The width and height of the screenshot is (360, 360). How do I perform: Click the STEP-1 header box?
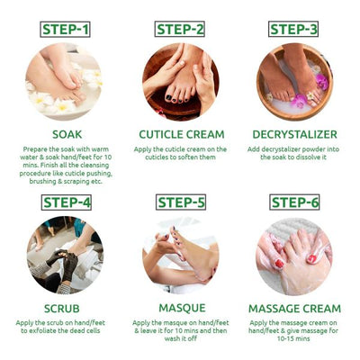65,30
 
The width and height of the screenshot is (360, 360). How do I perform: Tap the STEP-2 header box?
180,30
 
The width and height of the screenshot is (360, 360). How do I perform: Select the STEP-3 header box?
294,30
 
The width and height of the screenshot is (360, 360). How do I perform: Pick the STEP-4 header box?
65,202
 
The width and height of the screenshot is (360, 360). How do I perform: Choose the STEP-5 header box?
180,202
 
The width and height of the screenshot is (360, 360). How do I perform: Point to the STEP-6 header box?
294,202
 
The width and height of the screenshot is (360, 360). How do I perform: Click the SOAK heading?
65,134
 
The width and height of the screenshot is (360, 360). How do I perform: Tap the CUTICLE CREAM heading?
180,134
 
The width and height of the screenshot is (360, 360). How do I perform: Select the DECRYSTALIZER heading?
294,134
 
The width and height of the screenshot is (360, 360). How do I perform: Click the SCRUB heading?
65,307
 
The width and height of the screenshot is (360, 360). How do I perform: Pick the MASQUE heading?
180,307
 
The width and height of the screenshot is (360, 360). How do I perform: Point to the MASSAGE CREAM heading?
294,307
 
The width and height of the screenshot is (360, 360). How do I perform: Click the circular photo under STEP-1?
65,82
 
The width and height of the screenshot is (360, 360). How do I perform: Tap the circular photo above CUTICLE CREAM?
180,82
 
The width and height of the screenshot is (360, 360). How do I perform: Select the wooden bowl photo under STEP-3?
294,82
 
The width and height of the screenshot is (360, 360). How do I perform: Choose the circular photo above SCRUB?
65,255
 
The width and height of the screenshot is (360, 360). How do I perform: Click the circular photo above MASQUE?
180,255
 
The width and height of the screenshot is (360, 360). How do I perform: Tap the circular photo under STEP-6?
294,255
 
